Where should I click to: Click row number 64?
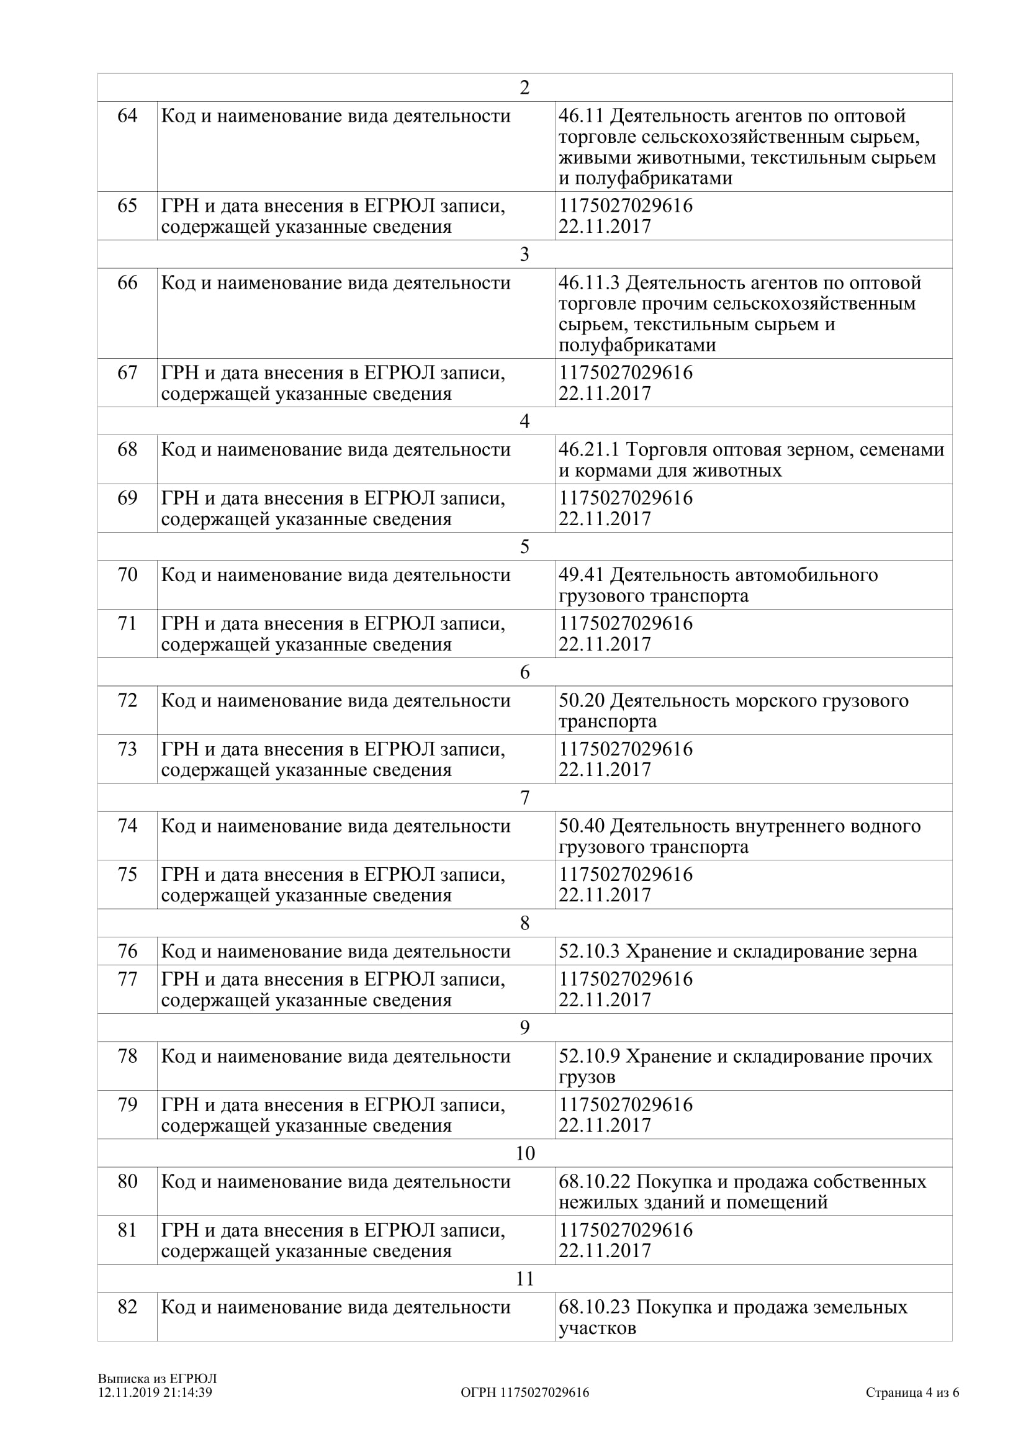coord(127,115)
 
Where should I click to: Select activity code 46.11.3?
coord(588,282)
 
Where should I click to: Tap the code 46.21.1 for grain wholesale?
coord(588,449)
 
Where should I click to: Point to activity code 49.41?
coord(581,575)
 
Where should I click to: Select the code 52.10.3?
coord(588,951)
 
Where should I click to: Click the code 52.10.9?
coord(588,1056)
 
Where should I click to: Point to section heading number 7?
coord(524,798)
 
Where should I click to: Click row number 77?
coord(127,979)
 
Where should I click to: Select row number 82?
coord(127,1307)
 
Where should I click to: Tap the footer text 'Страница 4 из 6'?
coord(912,1392)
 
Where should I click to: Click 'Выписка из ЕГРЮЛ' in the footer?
coord(157,1378)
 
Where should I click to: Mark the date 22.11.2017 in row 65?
coord(605,227)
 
